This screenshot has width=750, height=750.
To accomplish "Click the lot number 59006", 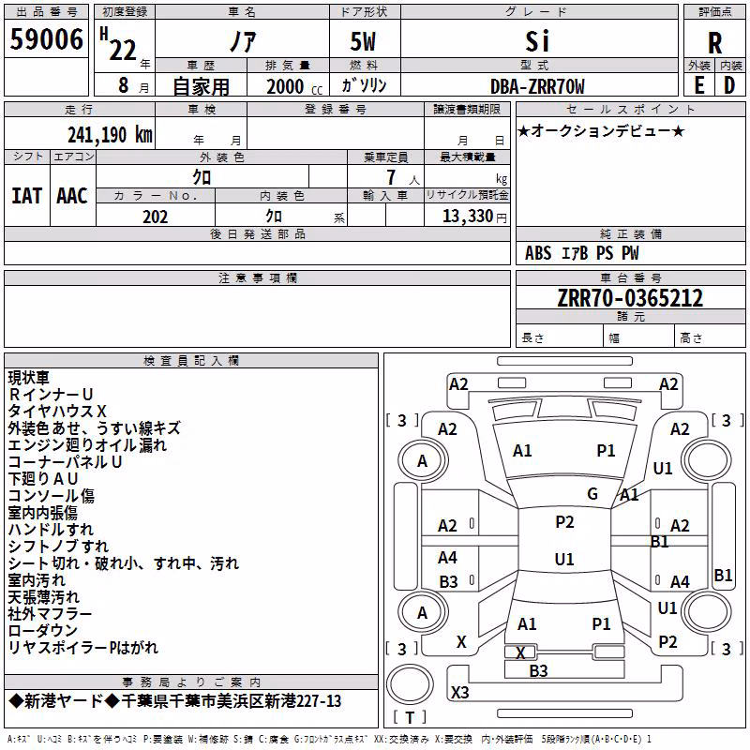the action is click(x=46, y=38).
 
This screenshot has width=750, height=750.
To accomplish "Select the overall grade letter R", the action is click(x=714, y=43).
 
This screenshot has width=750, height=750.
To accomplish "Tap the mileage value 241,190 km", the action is click(x=110, y=135).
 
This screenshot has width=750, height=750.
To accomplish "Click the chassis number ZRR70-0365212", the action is click(x=630, y=298).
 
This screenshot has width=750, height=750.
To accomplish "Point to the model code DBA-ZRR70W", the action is click(x=537, y=86).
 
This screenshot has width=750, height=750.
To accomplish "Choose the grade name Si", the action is click(x=537, y=41).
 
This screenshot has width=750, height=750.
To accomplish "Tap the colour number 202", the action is click(x=155, y=217).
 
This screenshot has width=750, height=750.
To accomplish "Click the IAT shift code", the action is click(x=26, y=196).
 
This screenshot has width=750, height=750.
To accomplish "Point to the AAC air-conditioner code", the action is click(x=72, y=196).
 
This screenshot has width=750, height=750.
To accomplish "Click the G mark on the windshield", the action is click(x=592, y=494).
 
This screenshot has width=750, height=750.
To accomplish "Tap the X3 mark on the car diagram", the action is click(x=459, y=692).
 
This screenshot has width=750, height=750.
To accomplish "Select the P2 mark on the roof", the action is click(x=564, y=522).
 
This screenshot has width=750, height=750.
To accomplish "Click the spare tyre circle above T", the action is click(x=410, y=684).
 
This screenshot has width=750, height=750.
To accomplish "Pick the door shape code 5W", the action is click(x=363, y=41).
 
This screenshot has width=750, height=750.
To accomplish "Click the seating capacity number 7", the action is click(x=391, y=177).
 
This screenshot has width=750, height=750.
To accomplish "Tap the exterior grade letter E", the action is click(x=699, y=85).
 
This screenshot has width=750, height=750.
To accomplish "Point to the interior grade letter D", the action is click(x=729, y=85).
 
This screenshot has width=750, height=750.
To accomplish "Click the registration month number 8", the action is click(x=124, y=85).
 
